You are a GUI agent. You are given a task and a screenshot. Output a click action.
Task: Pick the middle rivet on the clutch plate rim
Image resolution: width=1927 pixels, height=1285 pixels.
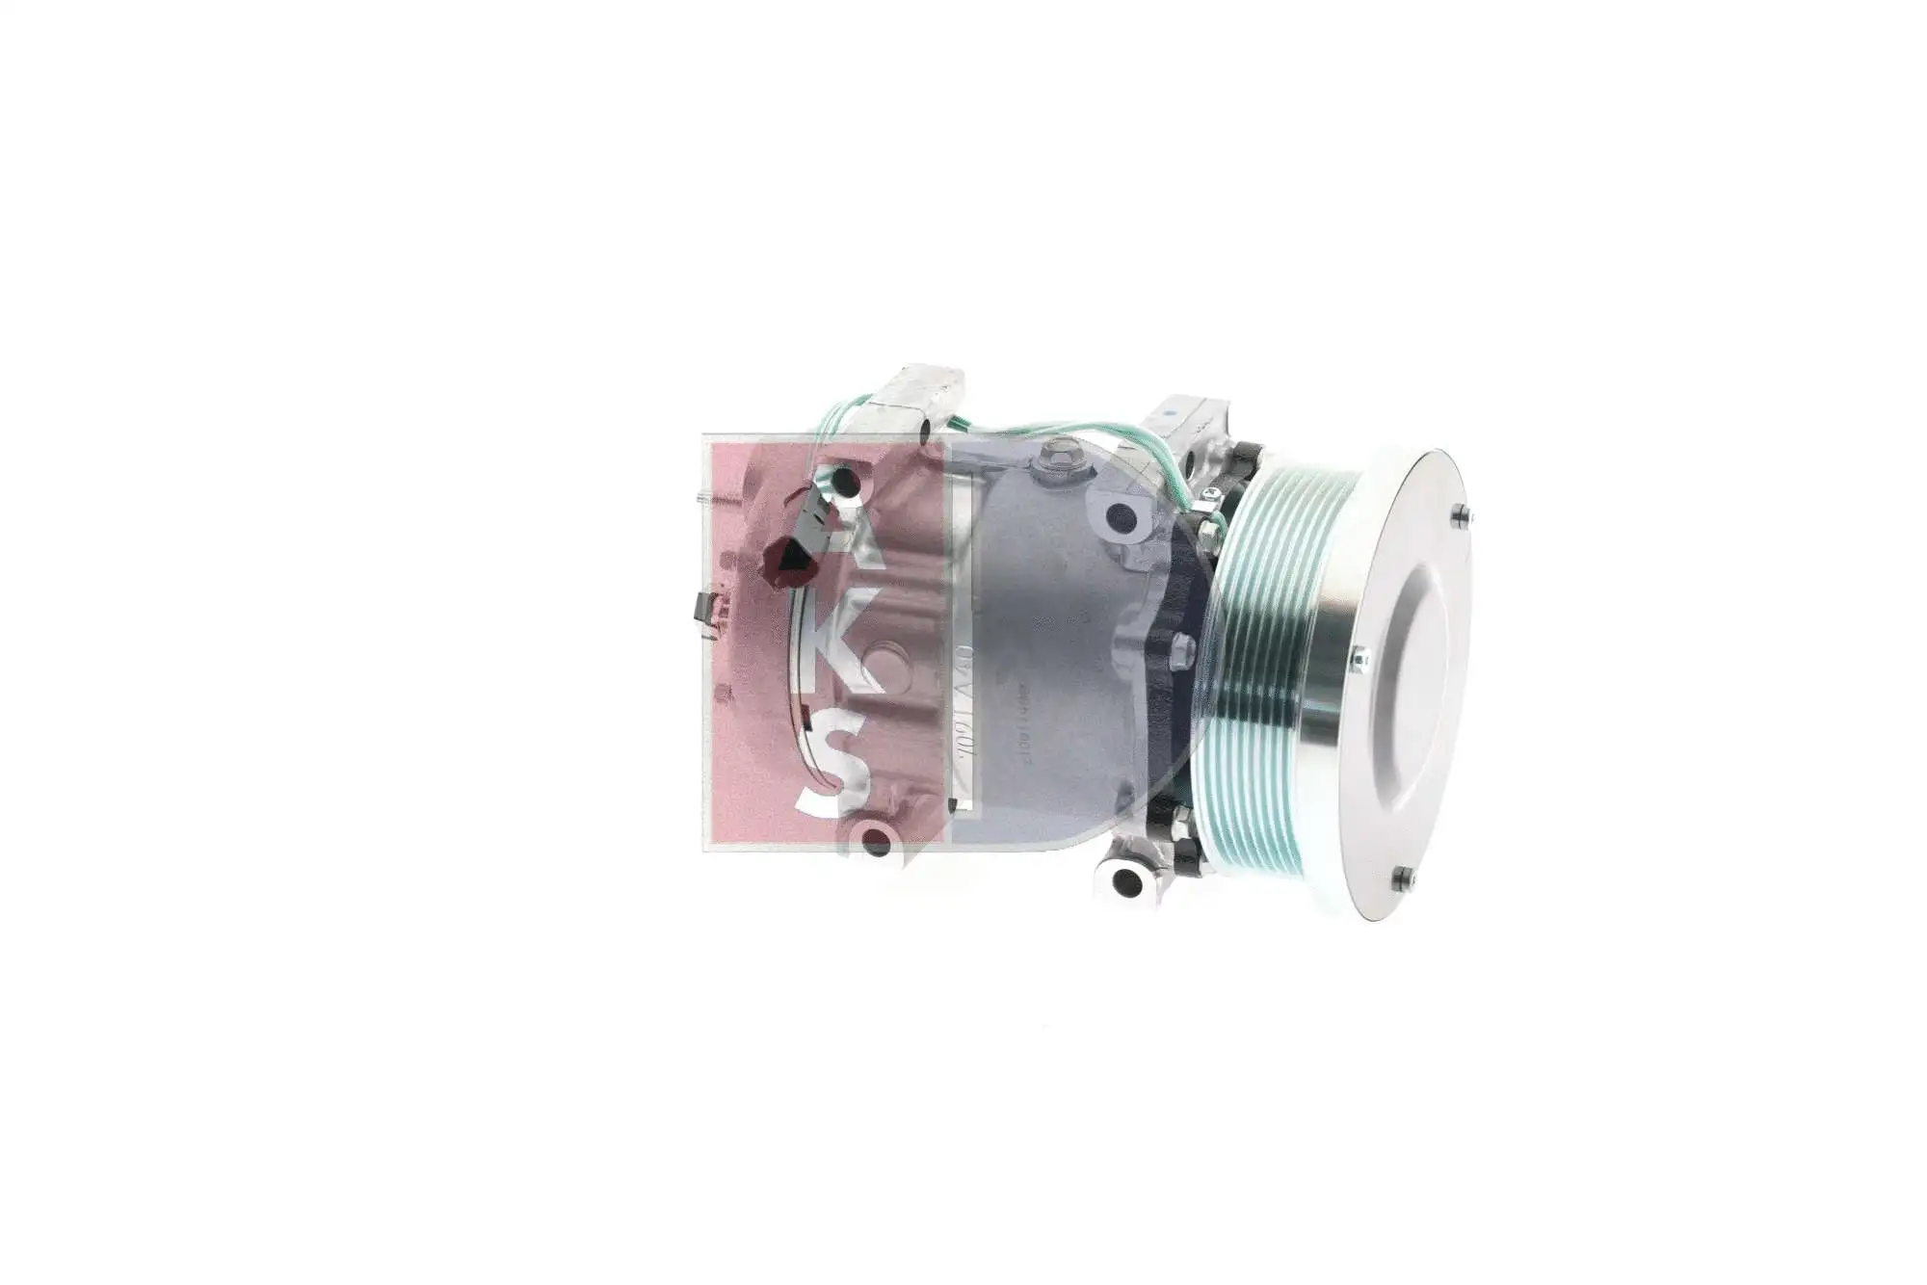point(1358,658)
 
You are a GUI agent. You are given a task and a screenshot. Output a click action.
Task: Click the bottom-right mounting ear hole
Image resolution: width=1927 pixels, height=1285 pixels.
point(1125,880)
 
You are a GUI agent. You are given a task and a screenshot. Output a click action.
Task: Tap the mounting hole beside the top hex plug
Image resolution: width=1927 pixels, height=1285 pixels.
point(1120,517)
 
